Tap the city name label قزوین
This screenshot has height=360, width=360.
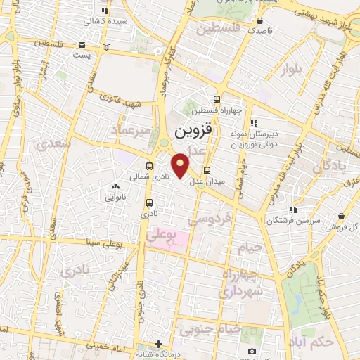point(192,131)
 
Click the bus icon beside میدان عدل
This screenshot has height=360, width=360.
point(207,169)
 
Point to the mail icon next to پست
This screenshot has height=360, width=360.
point(107,46)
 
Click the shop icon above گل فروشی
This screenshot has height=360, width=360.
point(341,217)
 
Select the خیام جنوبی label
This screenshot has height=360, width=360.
point(210,328)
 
